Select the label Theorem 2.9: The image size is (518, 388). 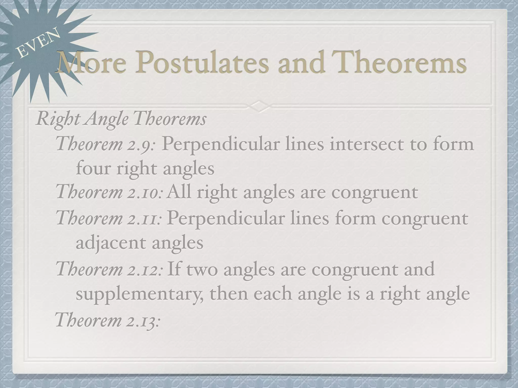[105, 144]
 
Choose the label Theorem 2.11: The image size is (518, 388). [109, 219]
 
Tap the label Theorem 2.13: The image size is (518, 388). [108, 320]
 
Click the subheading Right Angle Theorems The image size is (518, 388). [121, 119]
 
